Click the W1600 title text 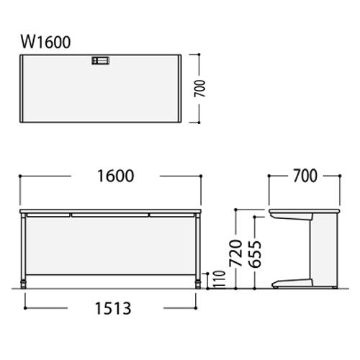pos(45,42)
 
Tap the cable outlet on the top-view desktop pos(101,60)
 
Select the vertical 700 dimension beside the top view pos(199,89)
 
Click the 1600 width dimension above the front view pos(115,176)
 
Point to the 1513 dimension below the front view pos(113,308)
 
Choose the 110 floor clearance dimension pos(220,279)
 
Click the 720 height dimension pos(235,253)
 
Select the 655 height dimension pos(255,254)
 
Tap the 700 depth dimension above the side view pos(305,176)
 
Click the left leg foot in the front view pos(23,284)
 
